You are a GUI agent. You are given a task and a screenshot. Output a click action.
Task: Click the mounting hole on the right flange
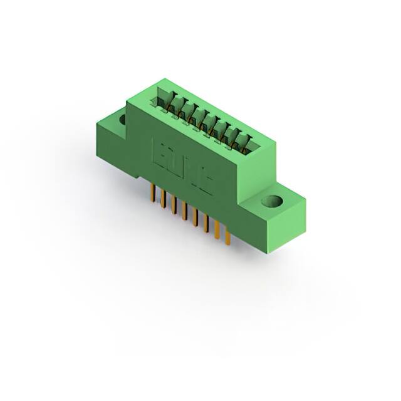click(273, 202)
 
